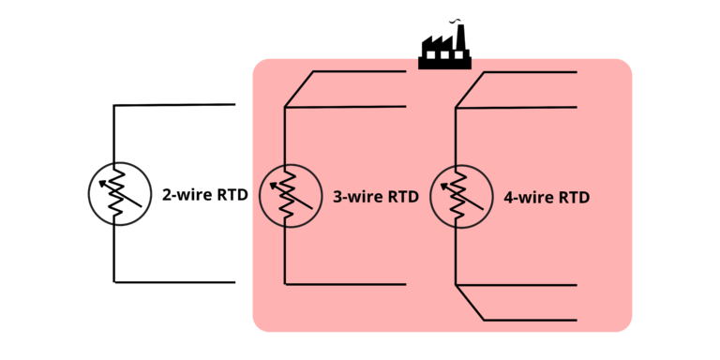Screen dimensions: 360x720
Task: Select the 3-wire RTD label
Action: pos(375,198)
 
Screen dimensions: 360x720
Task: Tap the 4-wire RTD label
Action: pos(546,198)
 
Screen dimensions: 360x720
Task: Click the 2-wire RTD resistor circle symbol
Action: pos(119,194)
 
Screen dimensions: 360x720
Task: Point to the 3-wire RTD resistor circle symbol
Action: pos(290,195)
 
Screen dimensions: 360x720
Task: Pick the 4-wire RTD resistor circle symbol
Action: pos(460,195)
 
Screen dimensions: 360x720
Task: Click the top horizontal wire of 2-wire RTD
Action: pos(173,105)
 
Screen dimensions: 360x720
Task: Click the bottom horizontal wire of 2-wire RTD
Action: pos(173,281)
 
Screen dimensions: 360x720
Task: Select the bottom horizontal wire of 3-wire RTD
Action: pos(345,284)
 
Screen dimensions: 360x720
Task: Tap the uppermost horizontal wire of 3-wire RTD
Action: pos(359,71)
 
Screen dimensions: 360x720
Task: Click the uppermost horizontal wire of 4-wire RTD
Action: pos(530,71)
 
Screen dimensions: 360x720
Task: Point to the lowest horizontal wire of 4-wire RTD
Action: pos(530,320)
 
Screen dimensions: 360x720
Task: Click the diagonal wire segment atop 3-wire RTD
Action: pos(299,89)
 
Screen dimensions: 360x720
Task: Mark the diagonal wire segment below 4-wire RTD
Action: pos(470,302)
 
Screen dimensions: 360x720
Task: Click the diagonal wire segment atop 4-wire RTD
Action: pos(470,89)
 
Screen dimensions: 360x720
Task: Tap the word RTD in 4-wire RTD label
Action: pos(573,198)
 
